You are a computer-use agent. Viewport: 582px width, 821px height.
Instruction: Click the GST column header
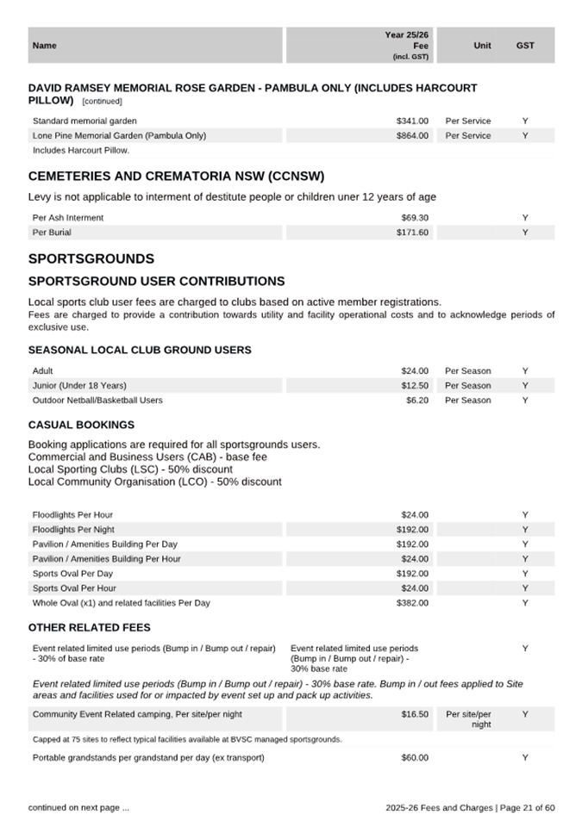coord(525,46)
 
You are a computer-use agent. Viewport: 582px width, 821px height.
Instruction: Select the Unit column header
coord(483,46)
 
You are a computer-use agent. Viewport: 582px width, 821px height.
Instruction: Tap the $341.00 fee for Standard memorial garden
coord(412,121)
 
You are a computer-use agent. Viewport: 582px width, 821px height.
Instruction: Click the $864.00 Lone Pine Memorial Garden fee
coord(412,136)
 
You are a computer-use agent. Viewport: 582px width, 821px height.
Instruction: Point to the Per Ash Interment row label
coord(68,218)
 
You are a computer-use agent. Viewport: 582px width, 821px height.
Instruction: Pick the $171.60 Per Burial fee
coord(412,233)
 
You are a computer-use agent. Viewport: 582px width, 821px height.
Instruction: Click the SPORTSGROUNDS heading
coord(91,258)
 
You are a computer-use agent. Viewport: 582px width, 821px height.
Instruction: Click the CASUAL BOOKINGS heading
coord(81,425)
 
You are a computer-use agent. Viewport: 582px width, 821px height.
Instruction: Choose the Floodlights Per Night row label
coord(73,530)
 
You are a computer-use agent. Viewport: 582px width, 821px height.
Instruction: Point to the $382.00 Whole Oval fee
coord(412,603)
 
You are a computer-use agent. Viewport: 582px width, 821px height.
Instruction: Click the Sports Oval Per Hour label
coord(74,588)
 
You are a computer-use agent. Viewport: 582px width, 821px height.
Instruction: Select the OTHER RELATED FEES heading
coord(90,627)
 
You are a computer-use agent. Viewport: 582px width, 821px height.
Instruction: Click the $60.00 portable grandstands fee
coord(415,758)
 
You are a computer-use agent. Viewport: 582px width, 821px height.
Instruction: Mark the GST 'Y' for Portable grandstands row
coord(525,758)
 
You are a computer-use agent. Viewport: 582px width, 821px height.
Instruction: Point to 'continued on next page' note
coord(78,807)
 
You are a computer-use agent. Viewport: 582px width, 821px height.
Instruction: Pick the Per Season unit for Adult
coord(468,370)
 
